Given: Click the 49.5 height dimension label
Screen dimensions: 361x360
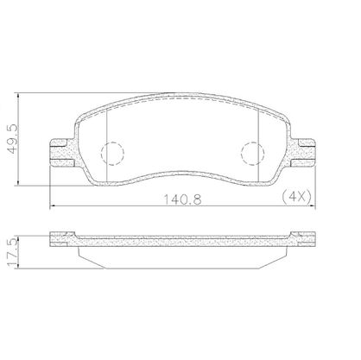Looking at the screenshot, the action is (13, 139).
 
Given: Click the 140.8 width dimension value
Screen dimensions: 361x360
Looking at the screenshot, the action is (182, 199).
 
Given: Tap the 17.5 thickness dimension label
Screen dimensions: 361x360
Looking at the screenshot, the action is (12, 252).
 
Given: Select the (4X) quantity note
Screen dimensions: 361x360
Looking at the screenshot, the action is (296, 197).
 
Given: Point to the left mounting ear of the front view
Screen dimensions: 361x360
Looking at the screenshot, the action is (62, 153).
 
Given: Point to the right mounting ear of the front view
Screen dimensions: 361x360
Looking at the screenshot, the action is (303, 153).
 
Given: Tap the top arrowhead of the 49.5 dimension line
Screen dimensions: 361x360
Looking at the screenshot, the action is (18, 95).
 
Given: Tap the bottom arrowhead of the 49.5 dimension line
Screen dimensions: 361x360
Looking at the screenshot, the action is (18, 183).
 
